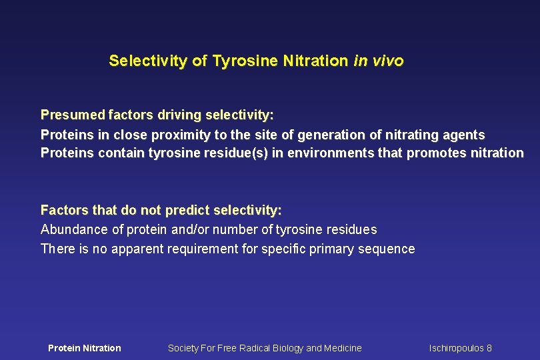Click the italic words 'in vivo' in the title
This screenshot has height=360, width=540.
[378, 61]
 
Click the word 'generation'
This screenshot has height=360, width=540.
[330, 135]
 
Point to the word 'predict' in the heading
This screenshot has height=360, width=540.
[186, 211]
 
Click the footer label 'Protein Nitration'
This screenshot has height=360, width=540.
[85, 348]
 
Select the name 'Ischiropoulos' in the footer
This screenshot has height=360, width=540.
[457, 348]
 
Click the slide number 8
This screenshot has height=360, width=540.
[489, 348]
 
